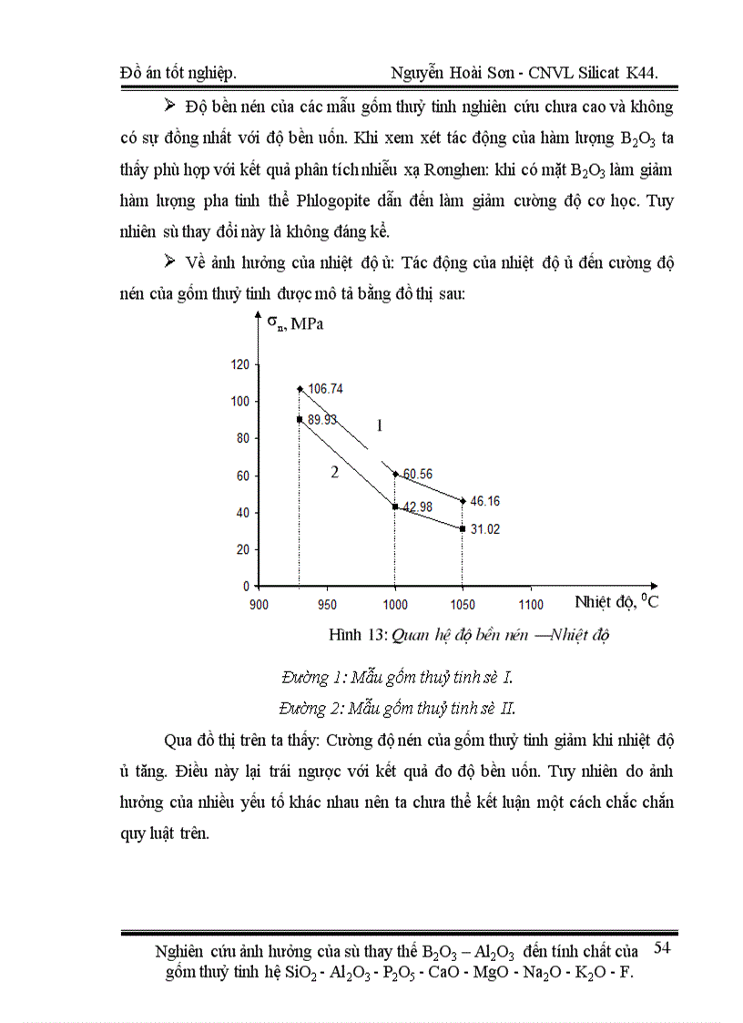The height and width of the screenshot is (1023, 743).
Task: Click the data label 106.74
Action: tap(325, 388)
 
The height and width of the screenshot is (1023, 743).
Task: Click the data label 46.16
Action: tap(484, 501)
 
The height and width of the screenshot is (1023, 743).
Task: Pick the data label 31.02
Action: tap(484, 529)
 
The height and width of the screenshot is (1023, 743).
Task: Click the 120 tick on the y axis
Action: tap(239, 364)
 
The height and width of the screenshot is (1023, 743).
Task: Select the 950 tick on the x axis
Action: tap(327, 604)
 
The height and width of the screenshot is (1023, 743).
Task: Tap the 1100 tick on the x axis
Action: tap(530, 604)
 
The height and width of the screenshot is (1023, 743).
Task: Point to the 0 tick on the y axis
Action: tap(245, 586)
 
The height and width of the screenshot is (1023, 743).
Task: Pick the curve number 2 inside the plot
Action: tap(335, 472)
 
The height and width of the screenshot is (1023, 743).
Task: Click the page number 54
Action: tap(662, 949)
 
